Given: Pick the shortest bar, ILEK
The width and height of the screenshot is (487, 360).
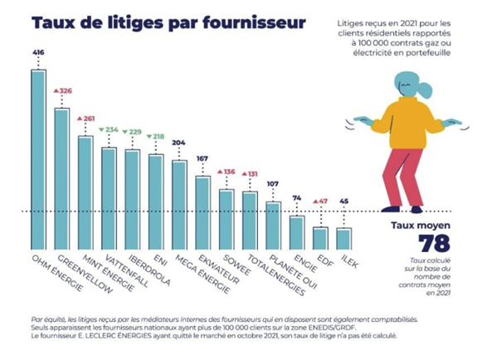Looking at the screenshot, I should [343, 240].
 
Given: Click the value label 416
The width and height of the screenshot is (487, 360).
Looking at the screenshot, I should [38, 52].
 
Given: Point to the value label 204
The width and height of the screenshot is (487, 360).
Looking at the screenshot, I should [178, 143].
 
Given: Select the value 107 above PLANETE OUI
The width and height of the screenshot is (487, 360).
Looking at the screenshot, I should [272, 183].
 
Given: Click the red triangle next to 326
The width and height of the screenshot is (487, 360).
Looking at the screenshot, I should [56, 90].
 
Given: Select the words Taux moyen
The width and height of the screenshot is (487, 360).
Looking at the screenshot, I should [420, 224].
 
